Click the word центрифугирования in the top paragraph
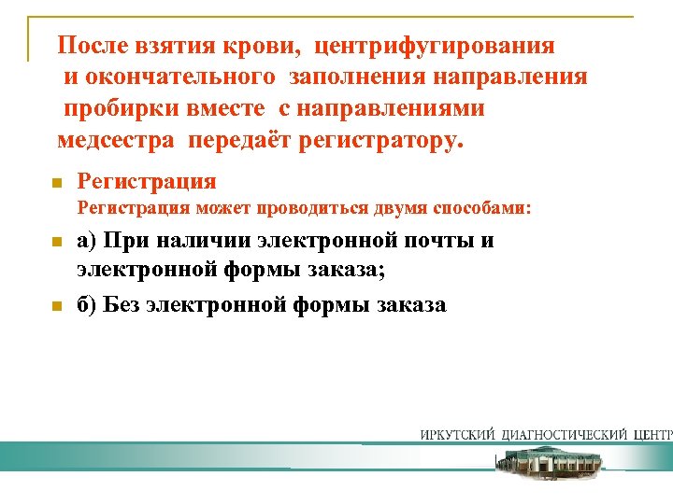coord(435,45)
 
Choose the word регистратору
coord(378,141)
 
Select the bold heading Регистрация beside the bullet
coord(147,181)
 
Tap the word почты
coord(435,241)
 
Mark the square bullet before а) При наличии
coord(56,243)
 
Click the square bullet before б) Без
coord(56,306)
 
